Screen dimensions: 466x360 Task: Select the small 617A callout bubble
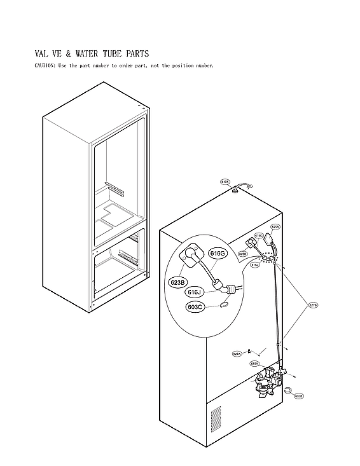[x=225, y=182]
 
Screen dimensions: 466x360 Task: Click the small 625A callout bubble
[x=275, y=226]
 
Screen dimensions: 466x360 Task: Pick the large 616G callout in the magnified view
[x=218, y=253]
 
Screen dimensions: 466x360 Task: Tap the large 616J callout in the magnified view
[x=195, y=292]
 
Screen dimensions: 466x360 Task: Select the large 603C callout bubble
[x=195, y=307]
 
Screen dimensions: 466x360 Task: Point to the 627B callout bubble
[x=314, y=305]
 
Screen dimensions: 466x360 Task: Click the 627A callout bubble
[x=237, y=353]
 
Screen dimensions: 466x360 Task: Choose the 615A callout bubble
[x=254, y=364]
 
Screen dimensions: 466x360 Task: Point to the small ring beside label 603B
[x=287, y=390]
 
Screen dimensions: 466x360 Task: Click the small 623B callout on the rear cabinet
[x=243, y=254]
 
